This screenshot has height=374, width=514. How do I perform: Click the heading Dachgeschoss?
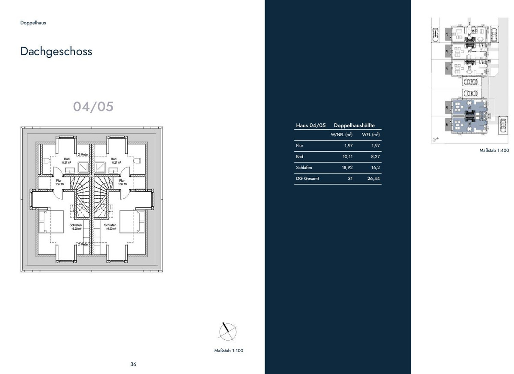coord(56,51)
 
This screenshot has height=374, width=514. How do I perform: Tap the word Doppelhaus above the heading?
coord(33,23)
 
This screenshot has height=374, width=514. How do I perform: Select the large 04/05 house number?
coord(93,107)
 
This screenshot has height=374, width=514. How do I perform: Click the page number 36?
coord(133,364)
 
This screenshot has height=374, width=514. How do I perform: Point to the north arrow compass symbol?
coord(227,331)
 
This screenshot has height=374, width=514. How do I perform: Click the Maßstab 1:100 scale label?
coord(229,350)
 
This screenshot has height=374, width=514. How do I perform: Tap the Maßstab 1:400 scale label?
coord(494,150)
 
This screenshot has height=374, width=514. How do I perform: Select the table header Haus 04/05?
coord(311,125)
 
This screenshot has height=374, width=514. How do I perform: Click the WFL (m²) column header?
coord(371,135)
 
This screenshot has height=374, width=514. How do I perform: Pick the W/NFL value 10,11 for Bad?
coord(347,156)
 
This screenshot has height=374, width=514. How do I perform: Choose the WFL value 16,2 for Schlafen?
coord(375,168)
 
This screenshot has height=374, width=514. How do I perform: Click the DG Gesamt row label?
coord(307,179)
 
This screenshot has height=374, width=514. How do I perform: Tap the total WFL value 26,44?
coord(374,179)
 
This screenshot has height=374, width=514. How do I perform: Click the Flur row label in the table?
coord(299,146)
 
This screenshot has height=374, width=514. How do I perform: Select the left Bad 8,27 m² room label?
coord(66,161)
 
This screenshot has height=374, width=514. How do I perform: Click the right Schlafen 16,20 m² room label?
coord(111,227)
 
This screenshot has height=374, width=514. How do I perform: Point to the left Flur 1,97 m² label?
coord(59,182)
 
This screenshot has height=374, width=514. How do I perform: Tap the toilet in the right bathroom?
coord(137,161)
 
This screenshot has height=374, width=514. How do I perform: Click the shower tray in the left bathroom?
coord(83,168)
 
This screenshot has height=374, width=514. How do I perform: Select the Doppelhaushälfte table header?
coord(354,125)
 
